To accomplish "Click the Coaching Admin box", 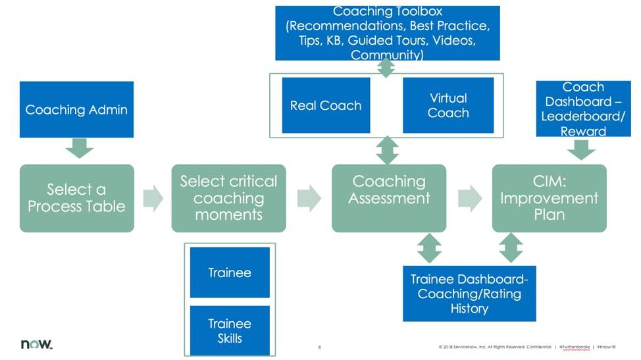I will [x=76, y=109].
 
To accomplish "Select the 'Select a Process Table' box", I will [x=76, y=198].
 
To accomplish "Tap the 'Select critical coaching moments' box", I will [x=228, y=198].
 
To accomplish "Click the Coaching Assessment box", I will [x=388, y=198].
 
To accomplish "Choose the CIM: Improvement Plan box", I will [x=549, y=198].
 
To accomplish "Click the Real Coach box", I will [x=326, y=105].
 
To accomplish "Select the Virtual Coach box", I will [x=448, y=105].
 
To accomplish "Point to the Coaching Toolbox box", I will [x=387, y=33].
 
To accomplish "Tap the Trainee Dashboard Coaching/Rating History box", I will [x=469, y=294].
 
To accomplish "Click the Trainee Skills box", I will [x=230, y=330].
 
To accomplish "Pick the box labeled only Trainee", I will [x=230, y=272].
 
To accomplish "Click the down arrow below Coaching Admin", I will [x=80, y=148].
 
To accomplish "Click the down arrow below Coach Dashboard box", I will [x=580, y=151].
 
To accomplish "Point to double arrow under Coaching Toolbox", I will [x=386, y=67].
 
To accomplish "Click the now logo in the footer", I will [x=36, y=344].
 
